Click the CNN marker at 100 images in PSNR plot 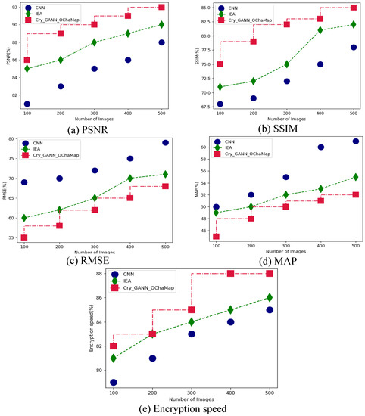(27, 104)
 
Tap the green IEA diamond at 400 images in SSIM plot (320, 30)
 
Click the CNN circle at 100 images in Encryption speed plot (113, 383)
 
